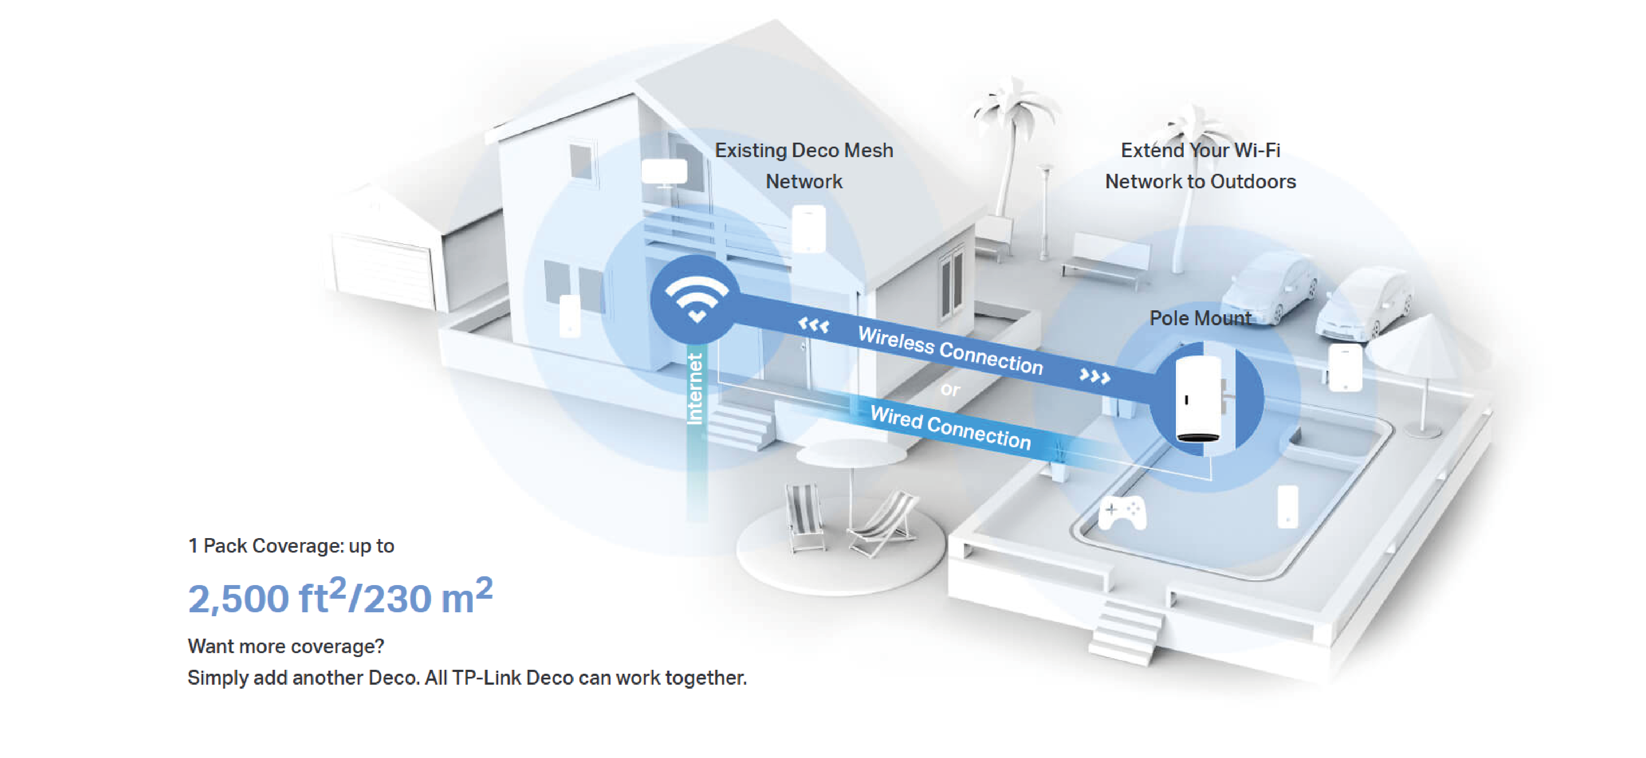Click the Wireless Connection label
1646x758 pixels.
coord(950,350)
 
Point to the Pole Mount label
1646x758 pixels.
coord(1200,318)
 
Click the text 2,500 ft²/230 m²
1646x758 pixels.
coord(340,597)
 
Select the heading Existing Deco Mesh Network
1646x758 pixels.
coord(803,165)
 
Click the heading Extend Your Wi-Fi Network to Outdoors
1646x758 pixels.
coord(1200,165)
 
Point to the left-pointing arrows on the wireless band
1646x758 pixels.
coord(813,326)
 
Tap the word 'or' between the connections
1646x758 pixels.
coord(950,389)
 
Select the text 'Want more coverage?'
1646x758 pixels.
coord(286,646)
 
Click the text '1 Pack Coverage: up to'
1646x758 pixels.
coord(291,546)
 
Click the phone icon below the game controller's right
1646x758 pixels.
coord(1287,507)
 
